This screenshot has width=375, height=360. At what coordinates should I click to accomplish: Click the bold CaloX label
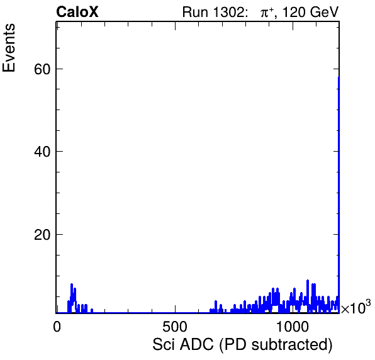[77, 12]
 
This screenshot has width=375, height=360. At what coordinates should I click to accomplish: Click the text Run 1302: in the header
[213, 12]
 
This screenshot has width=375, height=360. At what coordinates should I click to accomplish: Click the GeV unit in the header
[324, 12]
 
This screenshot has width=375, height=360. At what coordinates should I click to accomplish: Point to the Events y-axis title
[9, 48]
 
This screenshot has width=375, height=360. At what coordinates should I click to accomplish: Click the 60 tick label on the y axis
[42, 69]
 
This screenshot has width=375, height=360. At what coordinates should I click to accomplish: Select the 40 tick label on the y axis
[42, 152]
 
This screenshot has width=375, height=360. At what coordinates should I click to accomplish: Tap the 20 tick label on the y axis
[42, 235]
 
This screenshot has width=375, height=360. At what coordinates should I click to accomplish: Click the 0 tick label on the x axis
[57, 326]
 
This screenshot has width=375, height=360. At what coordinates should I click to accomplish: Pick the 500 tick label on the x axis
[175, 326]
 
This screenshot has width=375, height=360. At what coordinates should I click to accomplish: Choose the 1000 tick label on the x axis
[293, 326]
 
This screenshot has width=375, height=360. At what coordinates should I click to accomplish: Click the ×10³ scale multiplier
[356, 307]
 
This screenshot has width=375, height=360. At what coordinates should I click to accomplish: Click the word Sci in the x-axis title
[164, 344]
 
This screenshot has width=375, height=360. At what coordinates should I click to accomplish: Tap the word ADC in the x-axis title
[196, 344]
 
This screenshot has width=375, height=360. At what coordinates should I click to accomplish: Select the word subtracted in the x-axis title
[290, 345]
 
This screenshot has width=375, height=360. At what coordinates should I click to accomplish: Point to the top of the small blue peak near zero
[72, 284]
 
